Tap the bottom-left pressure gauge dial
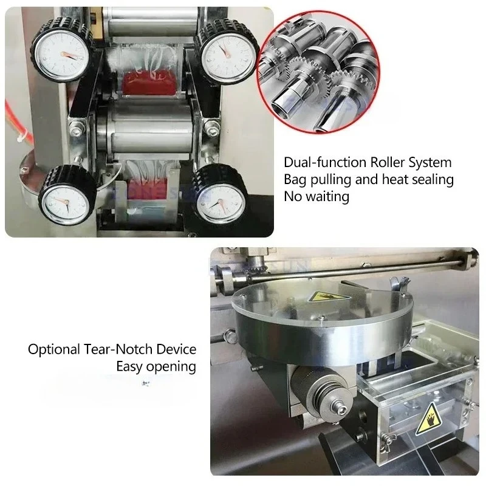[64, 198]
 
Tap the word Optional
[50, 350]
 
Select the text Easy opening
[157, 366]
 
